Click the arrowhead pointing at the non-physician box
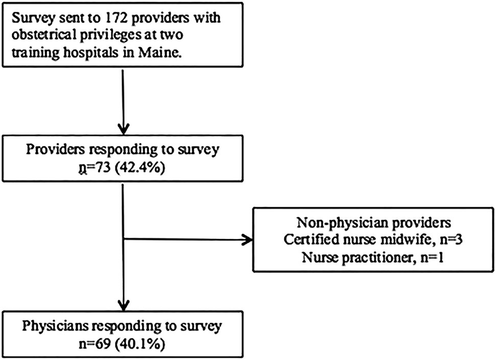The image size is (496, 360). coord(248,238)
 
